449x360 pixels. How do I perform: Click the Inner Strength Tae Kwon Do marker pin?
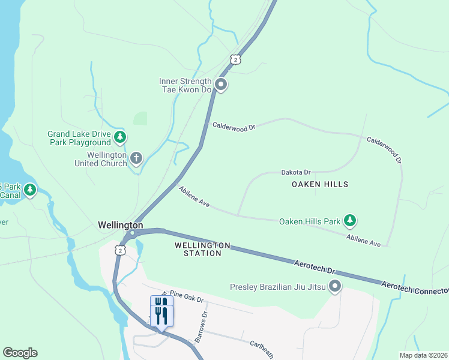click(221, 85)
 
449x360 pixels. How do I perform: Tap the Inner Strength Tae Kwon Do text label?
click(185, 85)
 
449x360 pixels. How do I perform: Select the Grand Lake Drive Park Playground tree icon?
click(121, 137)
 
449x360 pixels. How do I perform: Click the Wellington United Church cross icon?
click(136, 158)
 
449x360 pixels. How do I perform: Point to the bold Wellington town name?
click(121, 224)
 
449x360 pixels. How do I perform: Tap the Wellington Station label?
click(202, 249)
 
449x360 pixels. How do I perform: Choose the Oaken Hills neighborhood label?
click(319, 184)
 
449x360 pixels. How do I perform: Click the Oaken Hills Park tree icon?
click(350, 221)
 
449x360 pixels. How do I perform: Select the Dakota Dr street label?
click(295, 172)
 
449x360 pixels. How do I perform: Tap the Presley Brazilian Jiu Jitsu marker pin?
click(335, 287)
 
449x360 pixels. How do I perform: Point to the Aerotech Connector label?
click(415, 289)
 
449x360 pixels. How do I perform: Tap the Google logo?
click(20, 353)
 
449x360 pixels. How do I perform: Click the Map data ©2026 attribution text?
click(423, 355)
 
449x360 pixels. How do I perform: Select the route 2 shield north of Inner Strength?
click(235, 59)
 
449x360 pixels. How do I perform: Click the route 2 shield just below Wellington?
click(121, 250)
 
